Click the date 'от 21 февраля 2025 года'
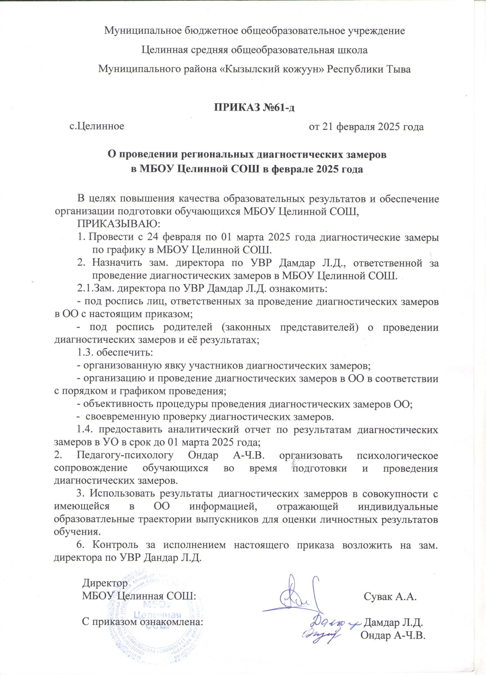tap(366, 127)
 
